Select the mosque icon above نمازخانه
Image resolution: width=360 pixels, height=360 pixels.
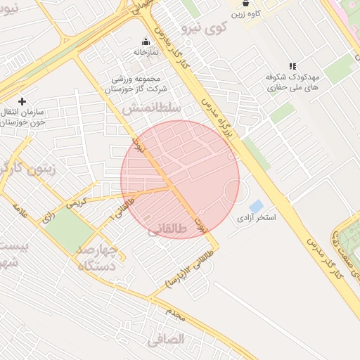point(146,41)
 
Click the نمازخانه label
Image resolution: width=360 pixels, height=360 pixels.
point(146,52)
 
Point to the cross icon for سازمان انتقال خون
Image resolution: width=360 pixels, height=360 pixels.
point(22,101)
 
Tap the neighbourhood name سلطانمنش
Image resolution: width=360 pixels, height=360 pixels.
point(152,109)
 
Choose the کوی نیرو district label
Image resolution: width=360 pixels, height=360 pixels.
point(205,29)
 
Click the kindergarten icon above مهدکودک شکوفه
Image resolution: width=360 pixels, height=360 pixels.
point(292,66)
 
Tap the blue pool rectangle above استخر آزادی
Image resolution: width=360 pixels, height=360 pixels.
point(256,206)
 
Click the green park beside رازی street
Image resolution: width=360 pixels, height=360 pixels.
point(68,227)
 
